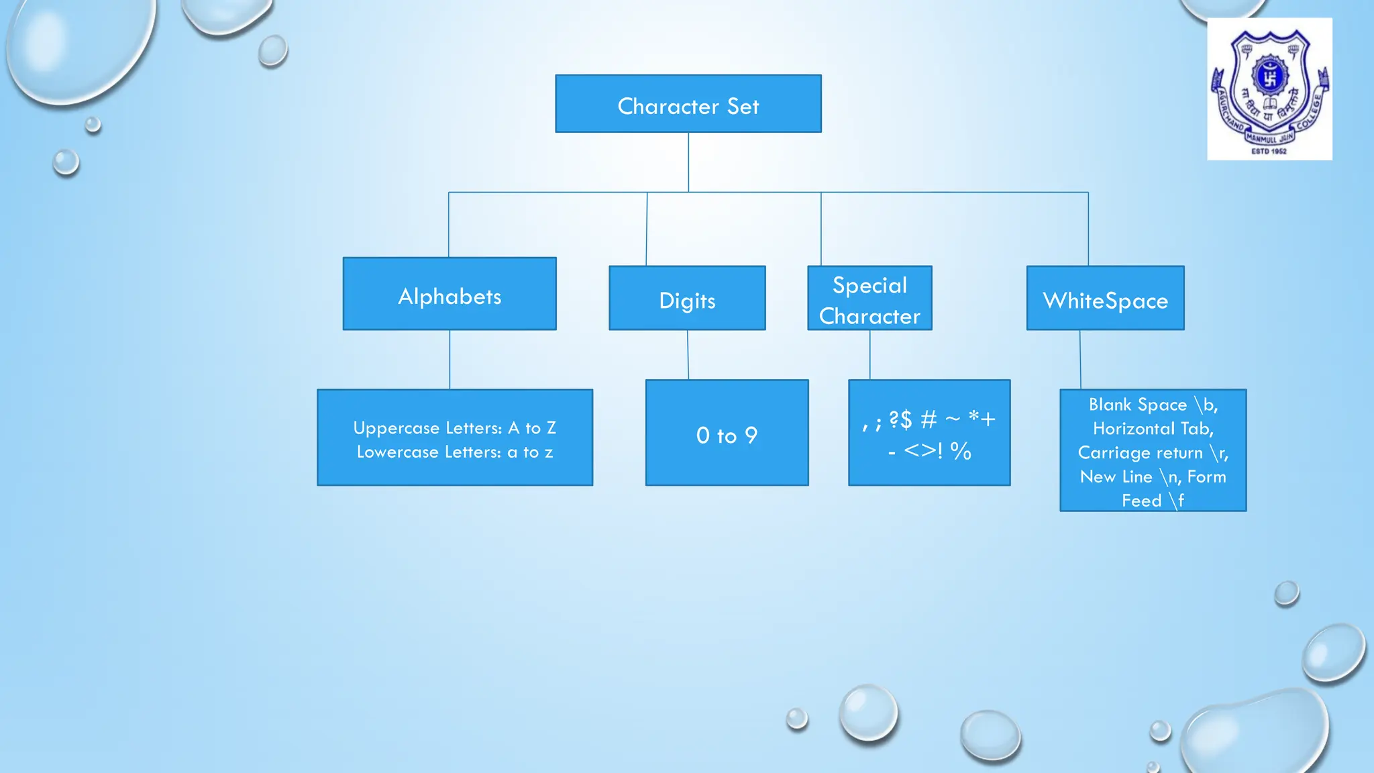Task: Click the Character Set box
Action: pyautogui.click(x=688, y=103)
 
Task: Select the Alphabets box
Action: pyautogui.click(x=450, y=294)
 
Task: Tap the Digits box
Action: pyautogui.click(x=687, y=298)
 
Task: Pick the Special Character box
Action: pyautogui.click(x=869, y=298)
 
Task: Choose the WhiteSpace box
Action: pyautogui.click(x=1105, y=298)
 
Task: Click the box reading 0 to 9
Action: pyautogui.click(x=727, y=433)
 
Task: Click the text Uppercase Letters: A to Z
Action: pyautogui.click(x=454, y=428)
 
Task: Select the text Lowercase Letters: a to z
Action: pyautogui.click(x=454, y=452)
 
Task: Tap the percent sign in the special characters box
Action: pyautogui.click(x=961, y=451)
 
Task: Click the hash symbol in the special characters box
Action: pyautogui.click(x=929, y=420)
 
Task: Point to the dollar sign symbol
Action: pyautogui.click(x=906, y=420)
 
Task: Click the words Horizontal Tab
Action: pyautogui.click(x=1153, y=429)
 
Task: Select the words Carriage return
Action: pyautogui.click(x=1140, y=453)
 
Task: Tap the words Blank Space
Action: pyautogui.click(x=1137, y=405)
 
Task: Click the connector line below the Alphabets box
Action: pyautogui.click(x=450, y=360)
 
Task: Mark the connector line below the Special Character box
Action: pyautogui.click(x=870, y=355)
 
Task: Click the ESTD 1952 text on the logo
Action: pyautogui.click(x=1269, y=152)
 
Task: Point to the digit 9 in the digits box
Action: pyautogui.click(x=751, y=435)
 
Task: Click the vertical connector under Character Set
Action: pyautogui.click(x=688, y=162)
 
